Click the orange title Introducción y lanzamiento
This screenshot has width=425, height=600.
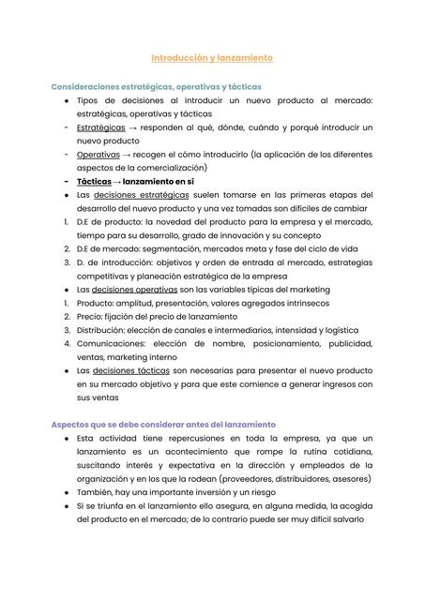(x=212, y=58)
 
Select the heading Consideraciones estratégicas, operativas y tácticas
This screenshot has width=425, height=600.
(x=156, y=86)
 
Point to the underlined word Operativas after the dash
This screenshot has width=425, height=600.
(x=98, y=154)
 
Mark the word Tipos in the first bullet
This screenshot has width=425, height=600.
(x=89, y=99)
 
